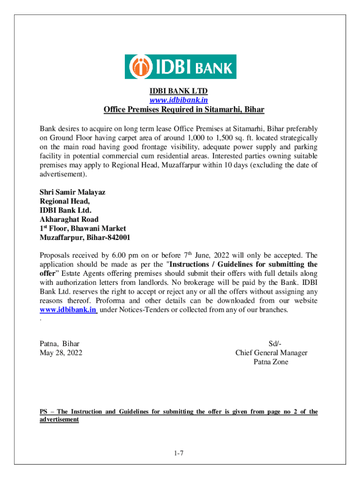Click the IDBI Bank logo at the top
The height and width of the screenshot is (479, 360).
click(180, 67)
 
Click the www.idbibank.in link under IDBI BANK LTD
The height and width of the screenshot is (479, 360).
click(179, 100)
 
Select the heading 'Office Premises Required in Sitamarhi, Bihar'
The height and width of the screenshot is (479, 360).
click(184, 110)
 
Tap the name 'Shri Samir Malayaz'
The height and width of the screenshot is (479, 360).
click(72, 192)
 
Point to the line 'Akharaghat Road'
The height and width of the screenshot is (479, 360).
click(69, 219)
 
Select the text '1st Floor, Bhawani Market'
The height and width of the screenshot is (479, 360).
click(83, 228)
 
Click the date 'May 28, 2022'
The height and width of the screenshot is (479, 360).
click(61, 353)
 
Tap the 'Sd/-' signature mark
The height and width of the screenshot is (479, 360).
click(271, 344)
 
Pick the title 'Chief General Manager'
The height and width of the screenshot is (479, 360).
click(271, 353)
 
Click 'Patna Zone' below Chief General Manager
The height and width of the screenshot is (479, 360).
click(271, 362)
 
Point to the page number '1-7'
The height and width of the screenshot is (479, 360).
click(180, 453)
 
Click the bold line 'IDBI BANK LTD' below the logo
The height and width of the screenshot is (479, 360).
click(179, 91)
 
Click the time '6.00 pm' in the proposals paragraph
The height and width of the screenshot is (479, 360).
click(125, 255)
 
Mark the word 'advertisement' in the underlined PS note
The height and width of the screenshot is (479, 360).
click(59, 420)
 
